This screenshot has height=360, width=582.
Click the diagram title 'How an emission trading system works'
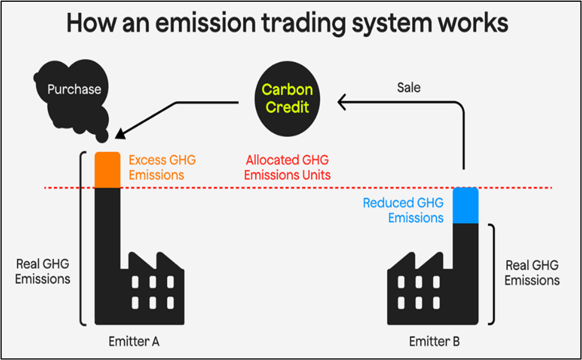click(287, 22)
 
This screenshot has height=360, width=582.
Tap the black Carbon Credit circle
click(287, 99)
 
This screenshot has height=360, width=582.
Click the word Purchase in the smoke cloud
click(74, 89)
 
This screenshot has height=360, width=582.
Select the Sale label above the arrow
click(408, 88)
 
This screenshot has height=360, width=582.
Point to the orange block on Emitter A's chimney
click(108, 170)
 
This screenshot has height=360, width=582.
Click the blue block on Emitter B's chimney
click(466, 206)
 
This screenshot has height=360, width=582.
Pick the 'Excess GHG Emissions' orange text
click(162, 167)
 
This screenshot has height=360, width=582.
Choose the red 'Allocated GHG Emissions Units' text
click(287, 167)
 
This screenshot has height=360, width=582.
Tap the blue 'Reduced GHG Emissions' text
click(403, 210)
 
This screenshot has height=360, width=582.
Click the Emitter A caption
click(134, 341)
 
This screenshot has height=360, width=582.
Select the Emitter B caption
click(434, 341)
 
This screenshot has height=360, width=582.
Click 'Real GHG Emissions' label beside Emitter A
click(43, 271)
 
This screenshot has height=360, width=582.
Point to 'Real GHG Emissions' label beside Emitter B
click(532, 272)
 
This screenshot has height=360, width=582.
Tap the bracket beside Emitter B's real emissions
click(494, 274)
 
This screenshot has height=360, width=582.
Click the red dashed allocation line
click(298, 188)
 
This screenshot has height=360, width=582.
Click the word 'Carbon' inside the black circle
click(287, 90)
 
